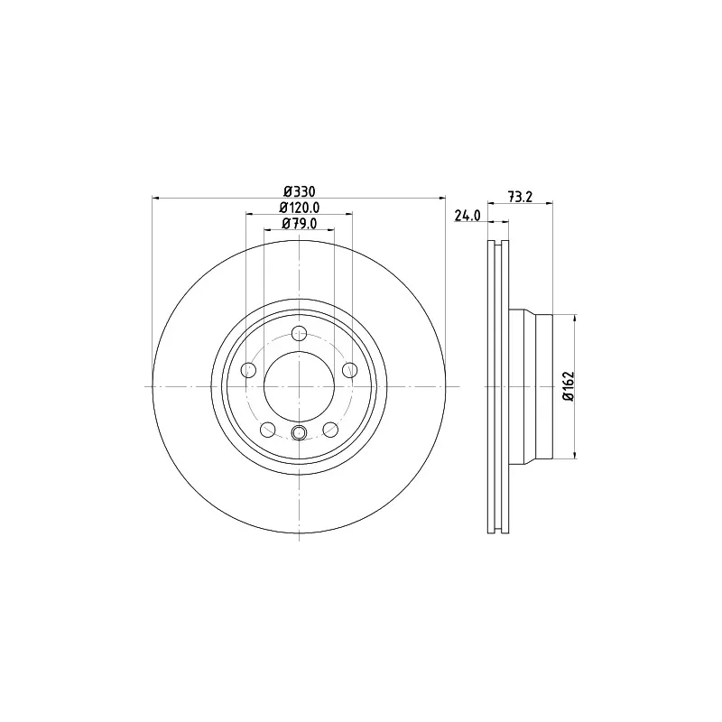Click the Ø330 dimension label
click(299, 191)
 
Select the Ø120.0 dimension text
click(299, 208)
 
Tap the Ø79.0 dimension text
click(299, 224)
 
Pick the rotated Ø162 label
click(568, 386)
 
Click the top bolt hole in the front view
click(300, 333)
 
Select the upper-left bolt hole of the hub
click(248, 369)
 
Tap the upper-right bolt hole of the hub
click(350, 369)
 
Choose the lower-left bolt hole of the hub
click(267, 430)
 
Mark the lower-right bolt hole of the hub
click(331, 430)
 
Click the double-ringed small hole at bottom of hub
click(300, 435)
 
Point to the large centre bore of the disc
click(300, 386)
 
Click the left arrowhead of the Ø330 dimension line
click(156, 198)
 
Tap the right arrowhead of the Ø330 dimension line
click(442, 198)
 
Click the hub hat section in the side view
click(532, 386)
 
